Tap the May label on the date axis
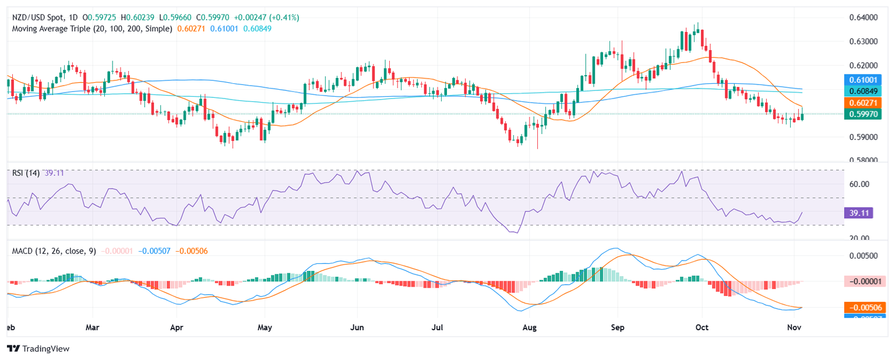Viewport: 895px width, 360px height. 265,328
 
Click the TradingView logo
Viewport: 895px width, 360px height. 38,348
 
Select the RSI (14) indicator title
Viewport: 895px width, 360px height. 26,172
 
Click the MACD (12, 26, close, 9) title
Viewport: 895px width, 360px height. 54,250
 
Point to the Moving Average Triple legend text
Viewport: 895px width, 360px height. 92,28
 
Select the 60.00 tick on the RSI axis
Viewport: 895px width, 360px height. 860,184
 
